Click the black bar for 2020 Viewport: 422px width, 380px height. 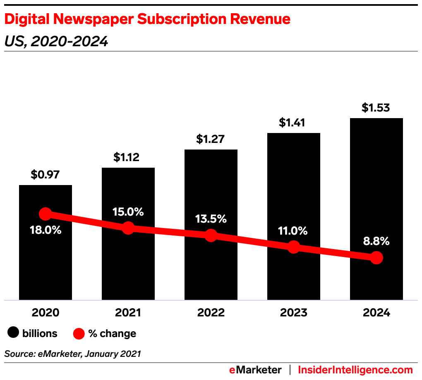(x=46, y=264)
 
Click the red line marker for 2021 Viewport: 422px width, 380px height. (x=128, y=228)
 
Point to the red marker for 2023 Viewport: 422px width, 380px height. (x=294, y=247)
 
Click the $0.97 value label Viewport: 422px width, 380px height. (x=46, y=175)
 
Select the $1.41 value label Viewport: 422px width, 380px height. (x=294, y=123)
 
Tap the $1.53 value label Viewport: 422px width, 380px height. (x=376, y=108)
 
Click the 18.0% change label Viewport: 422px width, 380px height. (x=46, y=230)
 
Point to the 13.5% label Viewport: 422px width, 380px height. (x=211, y=219)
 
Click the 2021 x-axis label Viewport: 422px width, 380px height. (x=128, y=313)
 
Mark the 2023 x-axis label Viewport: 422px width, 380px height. (x=294, y=313)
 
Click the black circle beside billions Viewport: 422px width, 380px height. (x=14, y=333)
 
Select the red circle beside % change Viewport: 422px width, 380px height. (x=79, y=333)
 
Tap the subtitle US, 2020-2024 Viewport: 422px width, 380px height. (x=56, y=41)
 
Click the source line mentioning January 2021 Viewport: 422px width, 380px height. (x=73, y=354)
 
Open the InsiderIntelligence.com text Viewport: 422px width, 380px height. (x=355, y=370)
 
